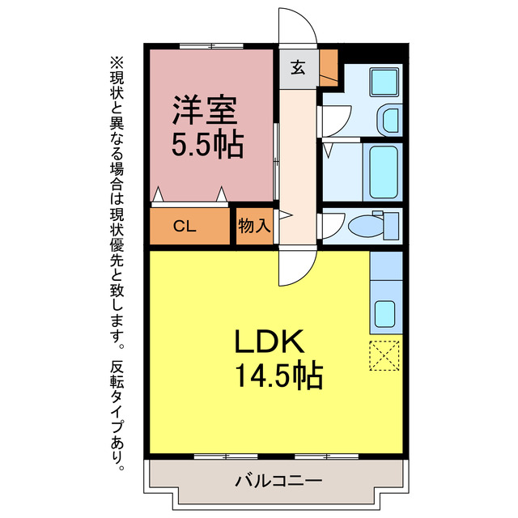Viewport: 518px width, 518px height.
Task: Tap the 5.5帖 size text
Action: tap(206, 145)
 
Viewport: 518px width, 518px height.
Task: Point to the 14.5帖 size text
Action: tap(278, 376)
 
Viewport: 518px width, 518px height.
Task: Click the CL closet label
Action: tap(185, 227)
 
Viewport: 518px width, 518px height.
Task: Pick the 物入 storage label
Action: tap(254, 226)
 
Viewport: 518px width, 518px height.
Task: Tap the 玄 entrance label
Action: tap(298, 68)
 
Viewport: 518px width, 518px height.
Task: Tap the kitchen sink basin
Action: tap(384, 312)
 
